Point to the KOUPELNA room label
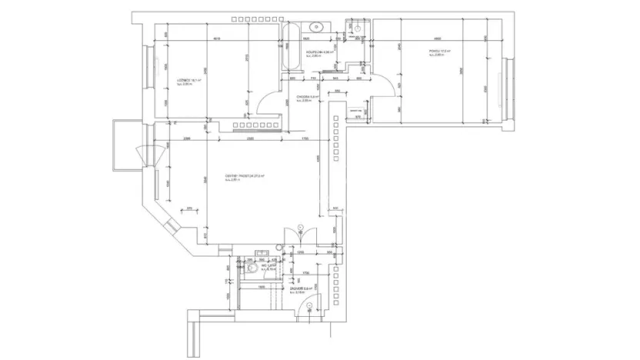[318, 52]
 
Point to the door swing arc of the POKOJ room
[385, 84]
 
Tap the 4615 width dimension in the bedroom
[218, 38]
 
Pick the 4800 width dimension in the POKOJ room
[436, 38]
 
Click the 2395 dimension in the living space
[187, 138]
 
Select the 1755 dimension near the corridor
[305, 138]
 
